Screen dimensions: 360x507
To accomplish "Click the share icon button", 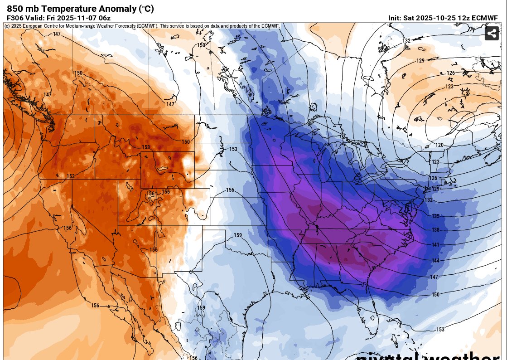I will (x=492, y=33).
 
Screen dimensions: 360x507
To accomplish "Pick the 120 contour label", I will (x=439, y=145).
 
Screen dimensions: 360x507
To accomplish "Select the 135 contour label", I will (x=435, y=216).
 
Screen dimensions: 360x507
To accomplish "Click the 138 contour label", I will (x=435, y=230).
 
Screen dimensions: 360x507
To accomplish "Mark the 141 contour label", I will (x=435, y=245).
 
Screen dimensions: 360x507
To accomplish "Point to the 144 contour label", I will (x=435, y=261).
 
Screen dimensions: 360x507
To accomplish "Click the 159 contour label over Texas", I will (x=238, y=235).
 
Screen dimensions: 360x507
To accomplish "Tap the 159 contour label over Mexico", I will (x=201, y=308).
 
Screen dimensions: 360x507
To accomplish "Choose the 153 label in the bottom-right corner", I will (x=440, y=330).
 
